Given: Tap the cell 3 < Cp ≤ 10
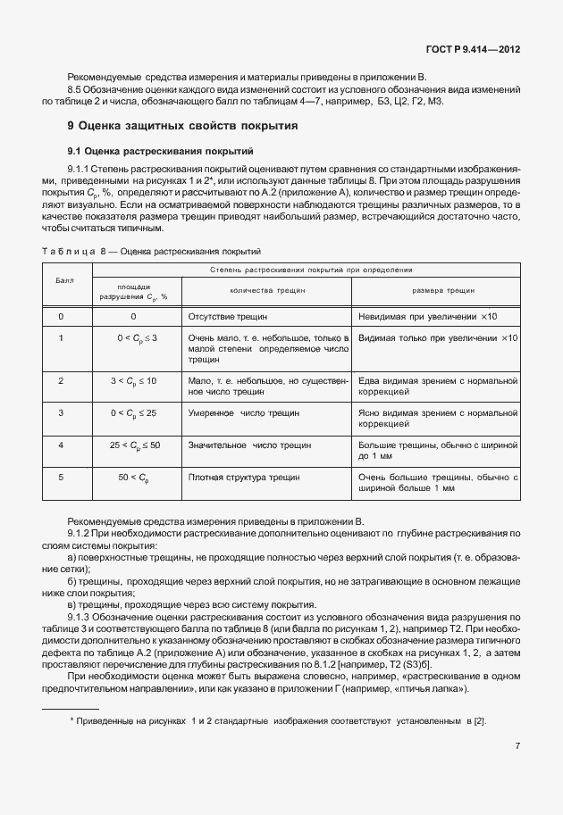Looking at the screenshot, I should tap(133, 381).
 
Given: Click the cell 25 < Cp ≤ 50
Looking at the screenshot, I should tap(135, 444).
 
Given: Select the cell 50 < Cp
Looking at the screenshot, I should tap(133, 478).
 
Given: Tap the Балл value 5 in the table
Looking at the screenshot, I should tap(61, 478).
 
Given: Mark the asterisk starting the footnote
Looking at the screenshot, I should tap(71, 719).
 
